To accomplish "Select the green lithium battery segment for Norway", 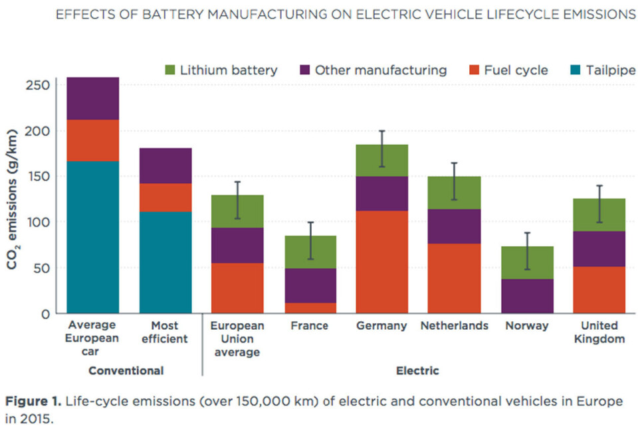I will pos(527,263).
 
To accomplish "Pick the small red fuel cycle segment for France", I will pos(310,308).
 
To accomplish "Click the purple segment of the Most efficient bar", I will pos(165,165).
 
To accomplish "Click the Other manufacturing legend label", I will pos(381,70).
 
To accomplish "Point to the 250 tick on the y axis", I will pos(41,86).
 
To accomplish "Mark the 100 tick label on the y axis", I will pos(41,222).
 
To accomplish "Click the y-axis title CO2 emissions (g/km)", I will pos(14,199).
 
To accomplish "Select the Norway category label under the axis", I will pos(527,326).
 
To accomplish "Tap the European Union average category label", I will pos(237,338).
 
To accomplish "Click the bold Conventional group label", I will pos(126,370).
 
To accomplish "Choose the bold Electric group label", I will pos(417,370).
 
